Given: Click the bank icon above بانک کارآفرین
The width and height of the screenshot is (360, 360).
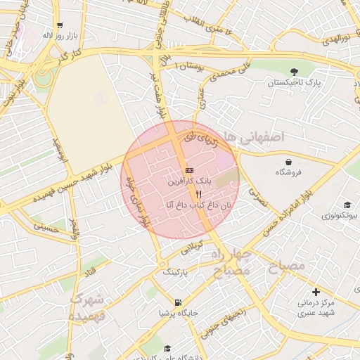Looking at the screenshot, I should [189, 170].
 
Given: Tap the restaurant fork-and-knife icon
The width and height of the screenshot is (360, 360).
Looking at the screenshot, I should [199, 194].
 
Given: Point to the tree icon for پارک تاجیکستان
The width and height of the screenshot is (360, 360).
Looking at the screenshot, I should [294, 71].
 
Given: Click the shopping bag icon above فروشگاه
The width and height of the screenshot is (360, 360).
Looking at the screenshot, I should [288, 162].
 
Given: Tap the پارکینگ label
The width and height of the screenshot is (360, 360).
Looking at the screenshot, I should [176, 271].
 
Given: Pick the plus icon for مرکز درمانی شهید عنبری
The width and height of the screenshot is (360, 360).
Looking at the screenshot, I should [316, 292].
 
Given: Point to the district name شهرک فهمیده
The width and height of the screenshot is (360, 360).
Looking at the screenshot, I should [87, 307].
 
